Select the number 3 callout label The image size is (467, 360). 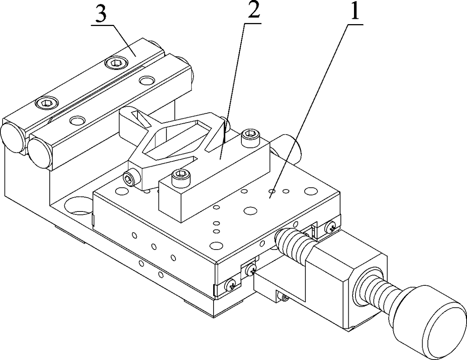pos(101,16)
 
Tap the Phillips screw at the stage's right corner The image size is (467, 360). pos(331,227)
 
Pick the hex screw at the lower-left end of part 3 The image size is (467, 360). pos(44,103)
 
